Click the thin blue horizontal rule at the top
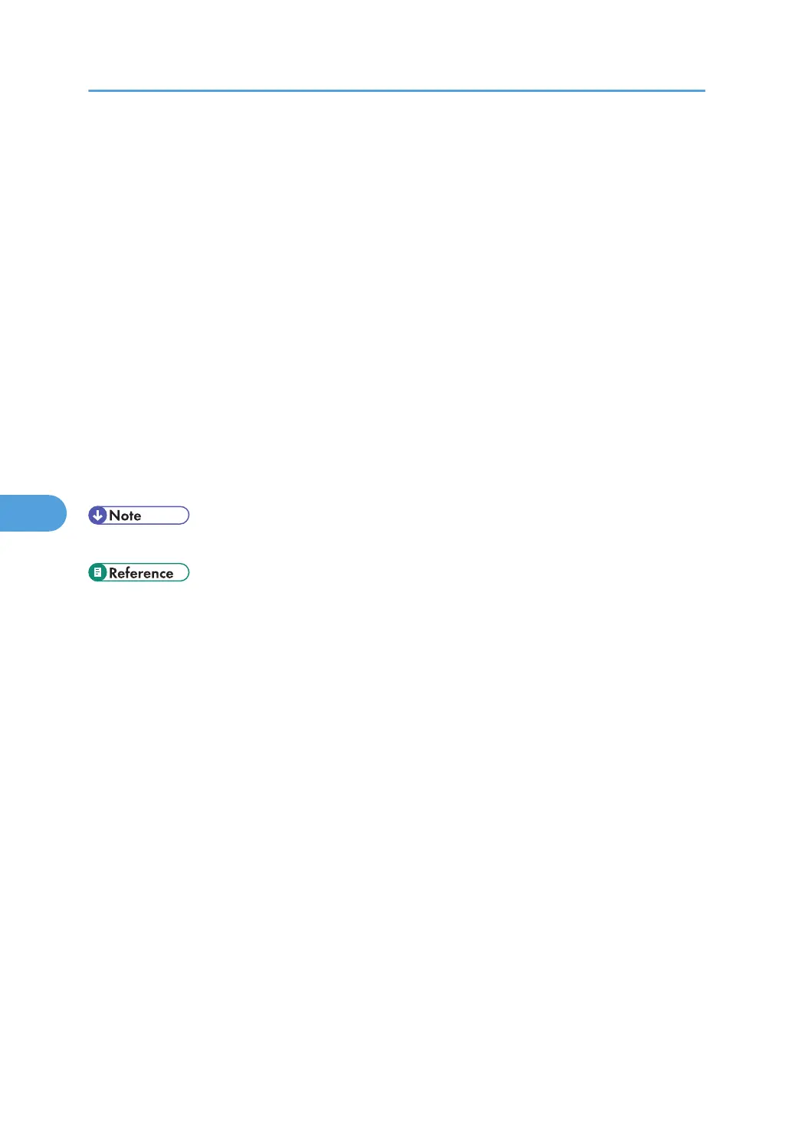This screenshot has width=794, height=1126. [396, 91]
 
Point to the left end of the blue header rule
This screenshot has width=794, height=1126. [90, 91]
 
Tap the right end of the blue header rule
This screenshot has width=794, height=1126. [704, 91]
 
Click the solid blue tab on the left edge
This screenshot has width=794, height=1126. [31, 513]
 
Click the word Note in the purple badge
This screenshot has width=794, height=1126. [125, 516]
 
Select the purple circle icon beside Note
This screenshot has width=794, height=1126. [97, 516]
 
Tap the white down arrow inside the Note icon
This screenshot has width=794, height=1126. [97, 516]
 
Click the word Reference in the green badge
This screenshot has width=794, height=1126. [141, 573]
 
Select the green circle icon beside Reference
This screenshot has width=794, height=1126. [97, 573]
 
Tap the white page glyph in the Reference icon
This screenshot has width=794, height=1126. [97, 573]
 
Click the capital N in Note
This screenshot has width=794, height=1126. [114, 516]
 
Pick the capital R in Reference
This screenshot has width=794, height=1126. [113, 573]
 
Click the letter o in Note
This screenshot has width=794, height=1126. [124, 516]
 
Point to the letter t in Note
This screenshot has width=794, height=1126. [131, 516]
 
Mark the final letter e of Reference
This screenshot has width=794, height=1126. [169, 574]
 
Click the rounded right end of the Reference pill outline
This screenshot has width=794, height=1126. [187, 573]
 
